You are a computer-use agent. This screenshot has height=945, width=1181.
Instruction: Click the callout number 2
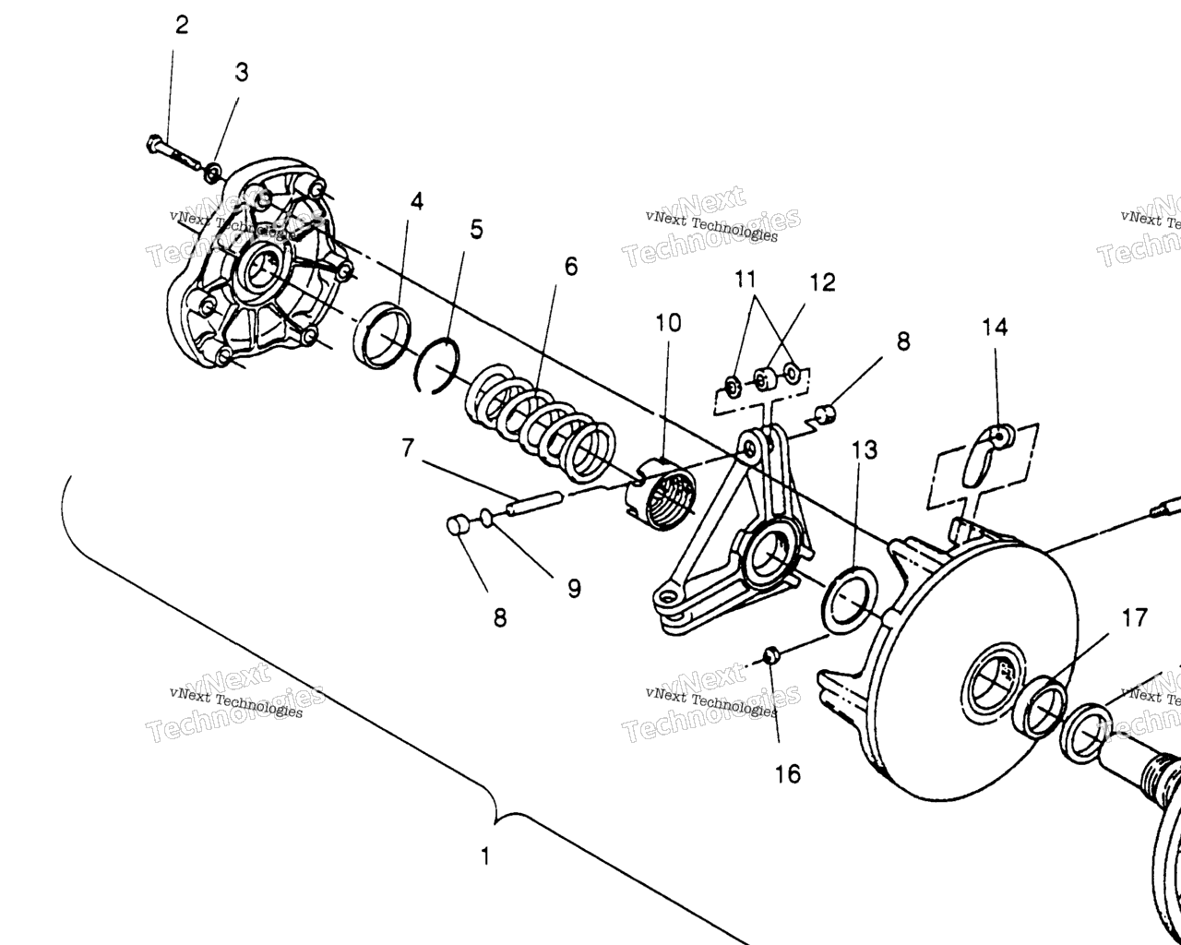pyautogui.click(x=182, y=25)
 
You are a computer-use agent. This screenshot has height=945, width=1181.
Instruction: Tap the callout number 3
pyautogui.click(x=242, y=72)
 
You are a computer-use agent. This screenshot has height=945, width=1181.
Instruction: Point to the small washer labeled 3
pyautogui.click(x=213, y=173)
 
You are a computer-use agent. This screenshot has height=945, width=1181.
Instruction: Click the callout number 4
pyautogui.click(x=417, y=201)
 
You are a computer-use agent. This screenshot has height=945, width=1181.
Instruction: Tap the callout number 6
pyautogui.click(x=571, y=267)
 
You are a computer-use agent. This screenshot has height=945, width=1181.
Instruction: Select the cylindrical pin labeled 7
pyautogui.click(x=534, y=504)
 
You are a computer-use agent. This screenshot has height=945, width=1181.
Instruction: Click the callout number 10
pyautogui.click(x=668, y=323)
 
